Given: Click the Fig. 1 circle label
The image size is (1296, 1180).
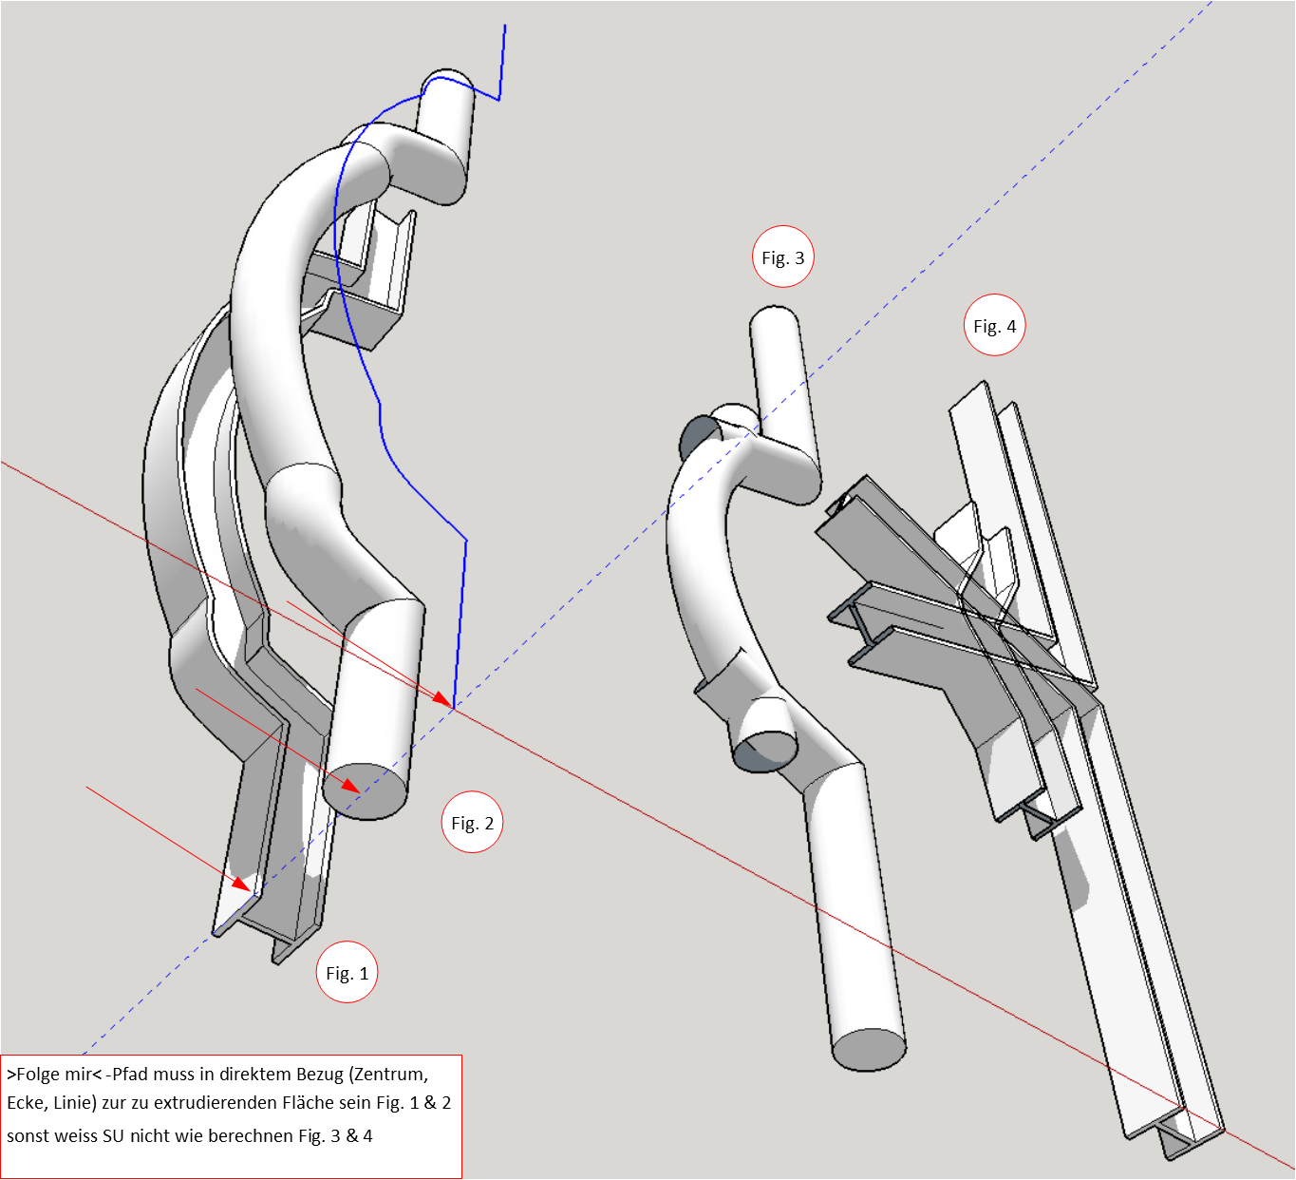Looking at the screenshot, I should pos(347,973).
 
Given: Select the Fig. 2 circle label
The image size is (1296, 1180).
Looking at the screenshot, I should pos(472,823).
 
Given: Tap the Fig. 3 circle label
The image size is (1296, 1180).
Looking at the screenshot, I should pos(782,257).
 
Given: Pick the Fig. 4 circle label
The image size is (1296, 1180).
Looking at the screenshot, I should pos(994,326).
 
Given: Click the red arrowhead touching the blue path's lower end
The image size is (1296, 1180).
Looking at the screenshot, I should pos(443,699).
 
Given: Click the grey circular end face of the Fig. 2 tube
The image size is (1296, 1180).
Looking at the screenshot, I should pos(365,791).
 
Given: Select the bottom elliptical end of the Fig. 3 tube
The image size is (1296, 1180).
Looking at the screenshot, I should pos(869,1049).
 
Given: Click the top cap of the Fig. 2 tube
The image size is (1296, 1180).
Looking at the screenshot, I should pos(446,80).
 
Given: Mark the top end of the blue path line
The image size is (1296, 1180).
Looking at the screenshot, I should pos(504,27).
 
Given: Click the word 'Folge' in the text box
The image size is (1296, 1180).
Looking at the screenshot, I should pos(39,1075).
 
